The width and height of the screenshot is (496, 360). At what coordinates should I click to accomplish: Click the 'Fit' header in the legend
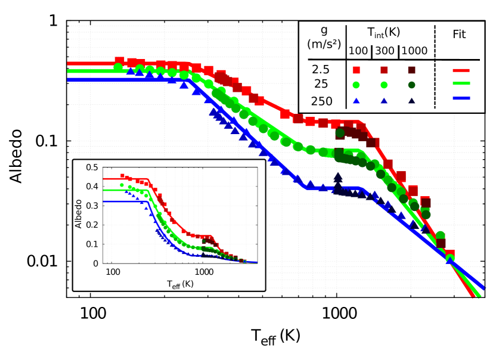click(x=459, y=35)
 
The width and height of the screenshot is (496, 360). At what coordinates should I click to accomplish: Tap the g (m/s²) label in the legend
click(x=322, y=38)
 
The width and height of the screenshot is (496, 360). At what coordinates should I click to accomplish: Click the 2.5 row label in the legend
click(x=321, y=69)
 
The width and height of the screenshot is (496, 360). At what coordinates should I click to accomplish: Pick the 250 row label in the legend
click(x=322, y=101)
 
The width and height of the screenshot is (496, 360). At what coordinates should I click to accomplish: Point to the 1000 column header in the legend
click(x=414, y=51)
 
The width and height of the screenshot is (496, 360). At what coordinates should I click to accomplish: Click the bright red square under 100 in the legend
click(x=356, y=70)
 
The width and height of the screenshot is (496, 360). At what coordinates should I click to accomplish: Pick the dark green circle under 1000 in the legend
click(x=411, y=85)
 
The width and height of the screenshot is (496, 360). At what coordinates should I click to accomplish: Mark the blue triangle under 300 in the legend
click(x=385, y=101)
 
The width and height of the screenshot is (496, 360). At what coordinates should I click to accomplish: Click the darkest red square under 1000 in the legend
click(x=411, y=70)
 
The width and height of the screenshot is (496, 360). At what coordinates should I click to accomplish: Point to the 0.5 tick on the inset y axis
click(x=92, y=167)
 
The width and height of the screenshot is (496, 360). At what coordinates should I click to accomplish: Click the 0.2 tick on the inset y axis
click(x=92, y=225)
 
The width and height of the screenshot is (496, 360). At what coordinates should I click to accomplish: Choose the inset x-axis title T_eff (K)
click(x=180, y=284)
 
